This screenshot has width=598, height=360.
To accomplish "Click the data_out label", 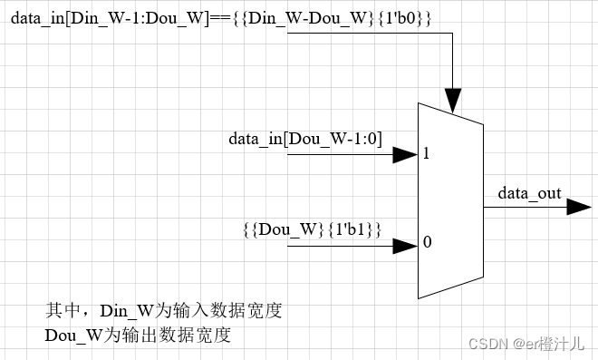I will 529,193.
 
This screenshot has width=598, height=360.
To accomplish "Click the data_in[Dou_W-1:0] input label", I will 305,139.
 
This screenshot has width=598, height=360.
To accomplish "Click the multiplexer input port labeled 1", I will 426,154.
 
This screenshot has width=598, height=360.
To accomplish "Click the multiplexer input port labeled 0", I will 426,243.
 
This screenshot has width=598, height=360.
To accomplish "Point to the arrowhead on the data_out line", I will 580,207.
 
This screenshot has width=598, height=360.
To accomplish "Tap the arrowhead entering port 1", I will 405,155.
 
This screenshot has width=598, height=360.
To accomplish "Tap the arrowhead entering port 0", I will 405,244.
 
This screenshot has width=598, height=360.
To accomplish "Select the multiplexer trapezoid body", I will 450,201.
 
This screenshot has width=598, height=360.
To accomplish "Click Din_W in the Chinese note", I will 126,311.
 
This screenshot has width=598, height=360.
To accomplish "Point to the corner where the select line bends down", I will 451,34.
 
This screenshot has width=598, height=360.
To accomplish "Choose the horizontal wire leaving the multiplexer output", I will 526,207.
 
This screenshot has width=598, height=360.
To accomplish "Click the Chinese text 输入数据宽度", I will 227,311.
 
